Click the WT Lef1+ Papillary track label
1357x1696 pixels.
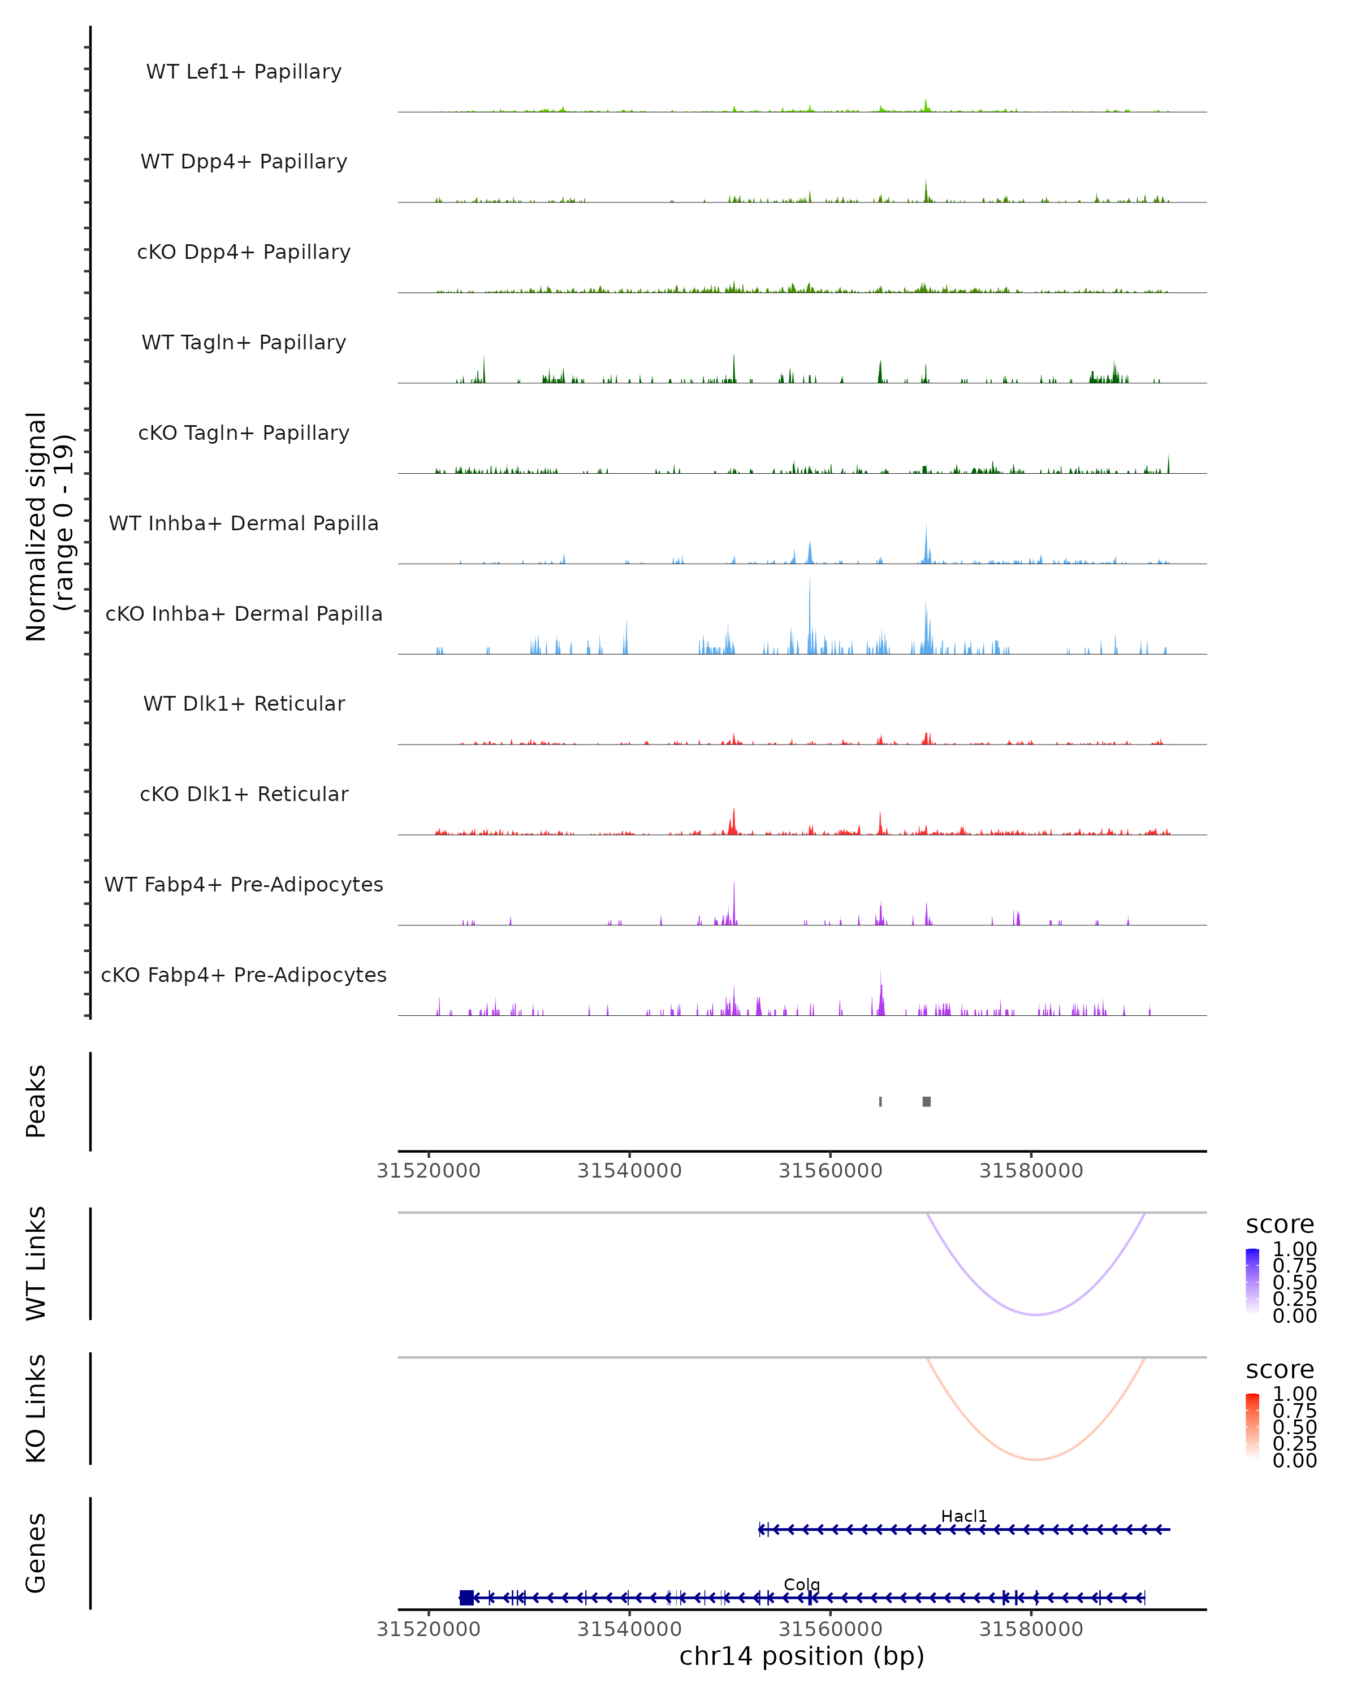click(x=244, y=72)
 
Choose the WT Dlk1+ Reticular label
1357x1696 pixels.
click(x=244, y=703)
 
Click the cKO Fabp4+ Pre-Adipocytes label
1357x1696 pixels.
click(x=244, y=975)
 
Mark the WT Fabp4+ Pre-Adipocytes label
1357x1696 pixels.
click(x=244, y=884)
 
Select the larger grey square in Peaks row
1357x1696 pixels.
click(x=927, y=1101)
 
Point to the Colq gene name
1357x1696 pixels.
click(x=802, y=1584)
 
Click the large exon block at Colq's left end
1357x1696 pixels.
click(x=466, y=1598)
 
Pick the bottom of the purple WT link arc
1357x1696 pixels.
click(x=1037, y=1314)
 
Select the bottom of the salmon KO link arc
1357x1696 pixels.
click(x=1037, y=1460)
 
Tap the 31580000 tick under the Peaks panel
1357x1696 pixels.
click(x=1031, y=1171)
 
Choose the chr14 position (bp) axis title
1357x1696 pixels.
click(x=802, y=1656)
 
